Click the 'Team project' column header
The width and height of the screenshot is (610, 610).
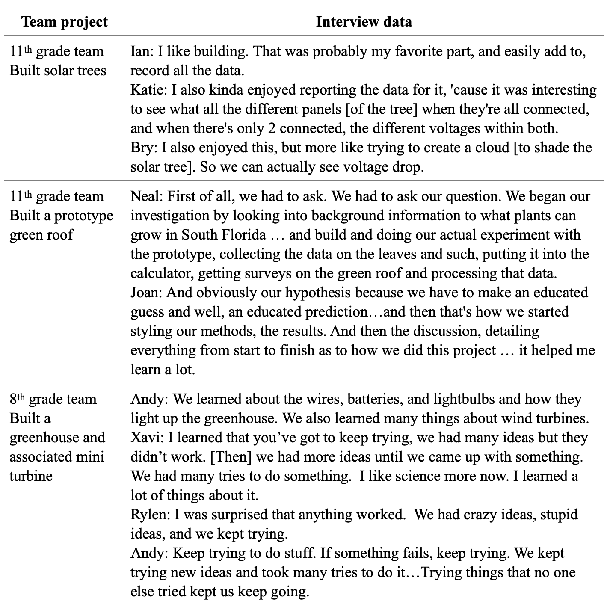65,22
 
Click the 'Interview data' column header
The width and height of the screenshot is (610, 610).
364,22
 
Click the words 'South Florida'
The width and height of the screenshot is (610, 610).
223,235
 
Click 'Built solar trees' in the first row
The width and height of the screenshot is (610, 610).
58,70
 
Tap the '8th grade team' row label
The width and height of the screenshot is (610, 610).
53,399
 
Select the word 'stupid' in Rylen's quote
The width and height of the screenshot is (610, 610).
559,515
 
